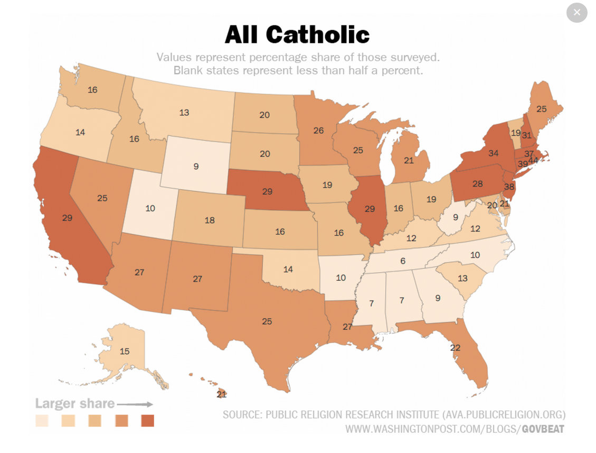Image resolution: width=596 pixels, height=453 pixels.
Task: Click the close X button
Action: point(577,12)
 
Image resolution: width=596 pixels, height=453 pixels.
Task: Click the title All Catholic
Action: point(297,35)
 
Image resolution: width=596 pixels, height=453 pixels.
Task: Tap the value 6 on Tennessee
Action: point(403,261)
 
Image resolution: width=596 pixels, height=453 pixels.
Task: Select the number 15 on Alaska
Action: point(125,351)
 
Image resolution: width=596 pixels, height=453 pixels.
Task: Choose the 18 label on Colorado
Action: point(210,220)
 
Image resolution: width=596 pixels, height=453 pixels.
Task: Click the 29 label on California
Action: point(67,217)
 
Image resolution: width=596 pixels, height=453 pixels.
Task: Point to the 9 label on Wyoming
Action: point(196,166)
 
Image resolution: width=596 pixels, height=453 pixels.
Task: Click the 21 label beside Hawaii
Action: point(222,394)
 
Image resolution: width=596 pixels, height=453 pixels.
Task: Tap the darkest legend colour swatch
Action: point(148,421)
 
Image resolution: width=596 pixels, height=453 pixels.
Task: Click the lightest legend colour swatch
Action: point(42,421)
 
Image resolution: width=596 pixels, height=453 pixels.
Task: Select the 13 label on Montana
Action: point(184,112)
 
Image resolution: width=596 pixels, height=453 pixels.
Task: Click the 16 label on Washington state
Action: point(92,89)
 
